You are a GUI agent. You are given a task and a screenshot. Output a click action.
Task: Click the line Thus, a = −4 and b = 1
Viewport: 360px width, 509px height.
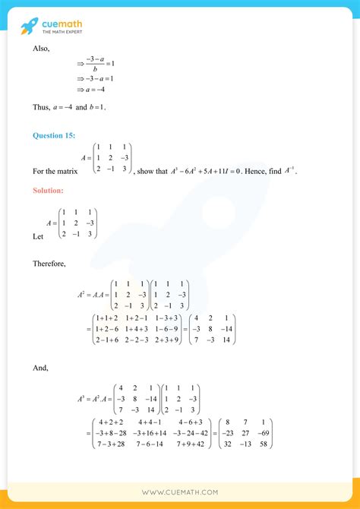69,107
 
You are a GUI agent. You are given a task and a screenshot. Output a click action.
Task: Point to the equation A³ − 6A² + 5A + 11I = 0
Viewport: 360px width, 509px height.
197,172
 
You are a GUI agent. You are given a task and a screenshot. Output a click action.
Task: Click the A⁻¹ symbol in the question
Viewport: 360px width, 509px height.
288,171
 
